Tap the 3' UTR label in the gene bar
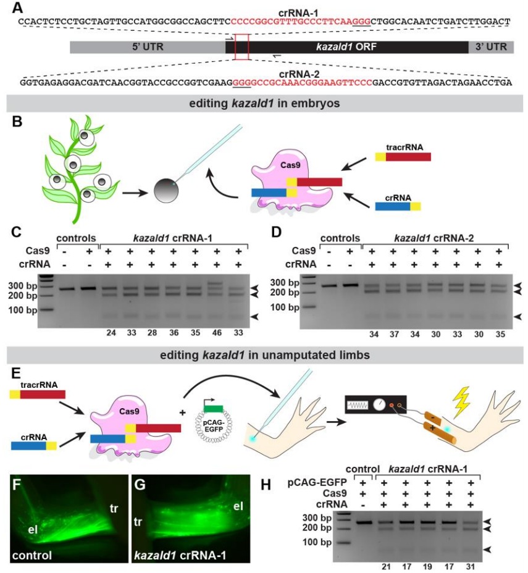click(491, 47)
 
